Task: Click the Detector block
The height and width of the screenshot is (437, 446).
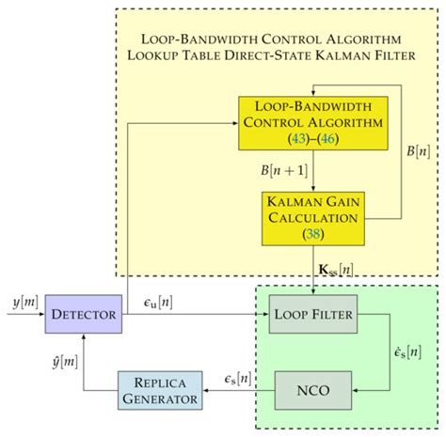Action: click(x=84, y=313)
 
